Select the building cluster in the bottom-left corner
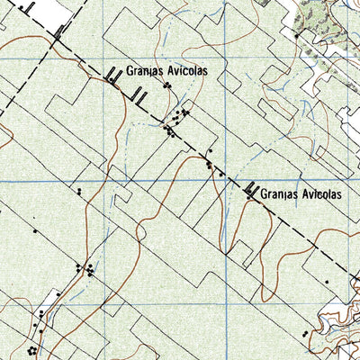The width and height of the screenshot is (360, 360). (x=33, y=350)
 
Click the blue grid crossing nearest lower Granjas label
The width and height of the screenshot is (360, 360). (x=220, y=180)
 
